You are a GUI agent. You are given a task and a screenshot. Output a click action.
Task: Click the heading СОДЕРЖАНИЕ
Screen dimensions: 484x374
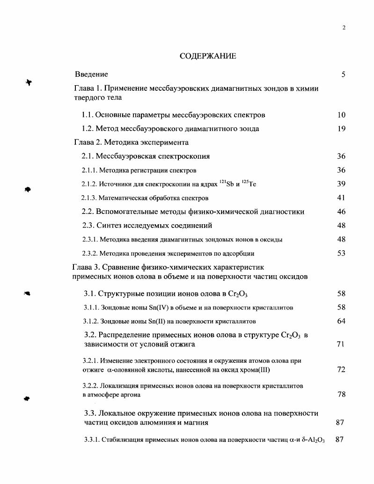point(208,56)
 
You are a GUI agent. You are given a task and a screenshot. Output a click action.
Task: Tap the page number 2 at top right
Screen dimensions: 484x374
point(344,28)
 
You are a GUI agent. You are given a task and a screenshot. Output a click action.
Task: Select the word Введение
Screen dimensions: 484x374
point(92,74)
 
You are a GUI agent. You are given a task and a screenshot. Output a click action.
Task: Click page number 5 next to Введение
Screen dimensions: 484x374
point(343,74)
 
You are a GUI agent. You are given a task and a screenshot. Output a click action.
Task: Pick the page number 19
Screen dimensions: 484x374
point(341,129)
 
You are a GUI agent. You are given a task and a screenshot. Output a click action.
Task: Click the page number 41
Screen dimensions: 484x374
point(341,198)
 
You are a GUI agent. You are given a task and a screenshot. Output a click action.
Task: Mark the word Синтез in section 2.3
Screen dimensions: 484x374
point(115,226)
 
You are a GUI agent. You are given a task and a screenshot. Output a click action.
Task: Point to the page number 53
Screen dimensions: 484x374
point(341,253)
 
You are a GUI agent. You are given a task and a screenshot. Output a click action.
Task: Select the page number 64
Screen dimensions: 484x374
point(341,321)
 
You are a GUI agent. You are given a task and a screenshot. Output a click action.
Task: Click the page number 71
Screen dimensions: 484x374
point(341,344)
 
